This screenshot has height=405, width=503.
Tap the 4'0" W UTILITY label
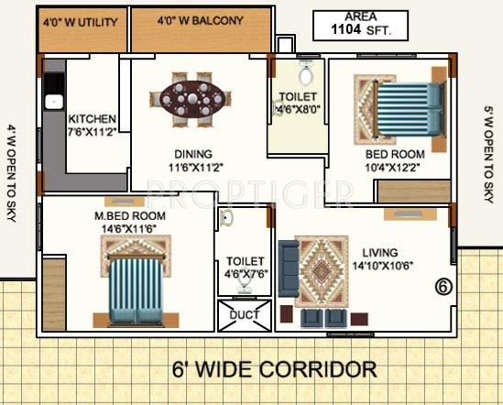tap(82, 18)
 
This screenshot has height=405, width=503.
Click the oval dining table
tap(191, 95)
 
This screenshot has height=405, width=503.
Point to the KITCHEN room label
tap(93, 119)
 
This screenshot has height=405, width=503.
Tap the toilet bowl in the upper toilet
tap(306, 72)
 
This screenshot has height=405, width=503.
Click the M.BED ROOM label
tap(129, 215)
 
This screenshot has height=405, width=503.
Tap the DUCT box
tap(245, 314)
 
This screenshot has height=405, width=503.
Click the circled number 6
tap(443, 286)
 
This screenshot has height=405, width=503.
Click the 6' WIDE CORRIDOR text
tap(274, 370)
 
